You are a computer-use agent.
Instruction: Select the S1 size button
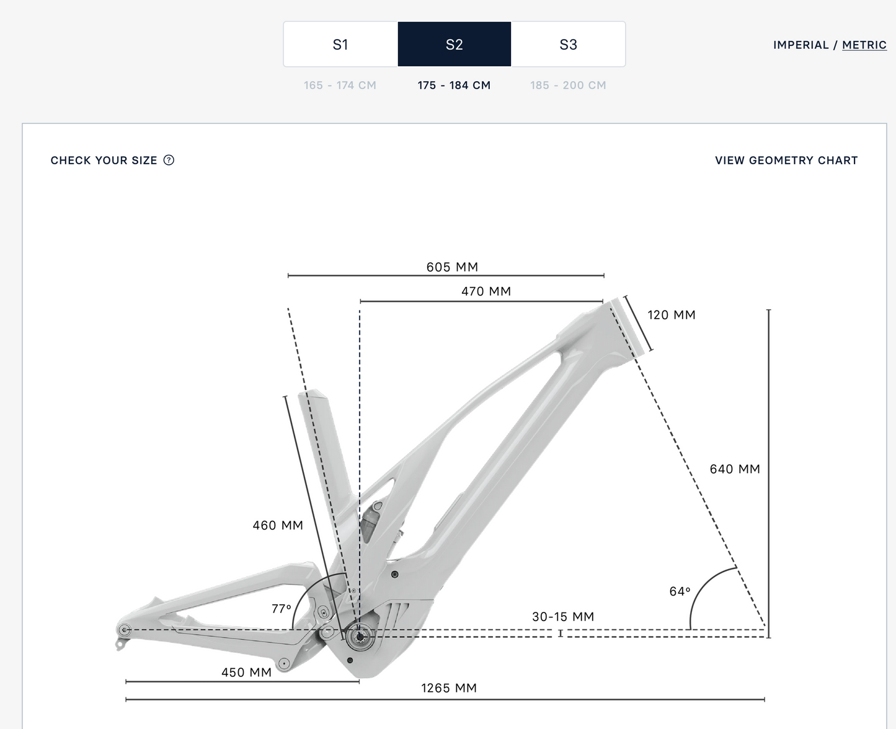340,44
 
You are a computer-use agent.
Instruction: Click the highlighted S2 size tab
455,44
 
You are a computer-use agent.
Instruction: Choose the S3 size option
569,44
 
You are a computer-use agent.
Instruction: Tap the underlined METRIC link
864,45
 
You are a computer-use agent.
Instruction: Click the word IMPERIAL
801,45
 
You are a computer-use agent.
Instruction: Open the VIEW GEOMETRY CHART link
786,160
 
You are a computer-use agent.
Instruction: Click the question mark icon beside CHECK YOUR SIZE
169,160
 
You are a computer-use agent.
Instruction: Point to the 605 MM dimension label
452,267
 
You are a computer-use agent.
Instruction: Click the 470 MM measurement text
486,291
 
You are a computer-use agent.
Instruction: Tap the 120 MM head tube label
672,315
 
